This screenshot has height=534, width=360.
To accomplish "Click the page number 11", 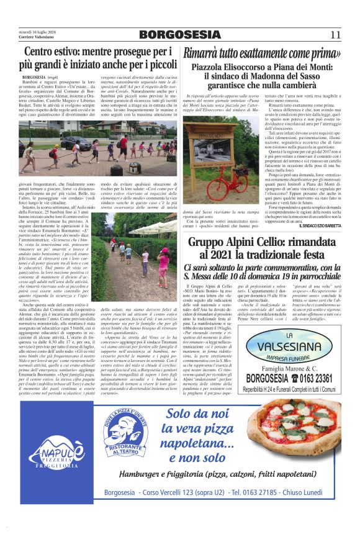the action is pyautogui.click(x=335, y=35).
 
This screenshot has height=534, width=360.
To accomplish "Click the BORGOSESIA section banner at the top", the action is pyautogui.click(x=179, y=35).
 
